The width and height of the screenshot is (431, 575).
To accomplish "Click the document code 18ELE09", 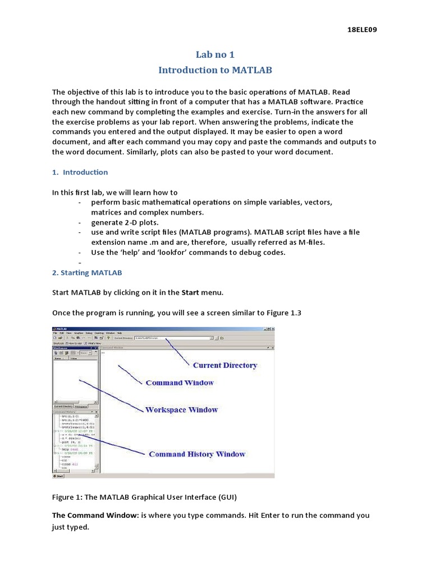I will (362, 30).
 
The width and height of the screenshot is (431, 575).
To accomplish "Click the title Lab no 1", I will (215, 54).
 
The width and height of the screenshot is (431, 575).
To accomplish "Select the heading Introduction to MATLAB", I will (215, 70).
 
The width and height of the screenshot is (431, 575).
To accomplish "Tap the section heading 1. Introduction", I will (80, 172).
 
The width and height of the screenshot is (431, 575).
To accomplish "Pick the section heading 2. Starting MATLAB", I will (87, 272).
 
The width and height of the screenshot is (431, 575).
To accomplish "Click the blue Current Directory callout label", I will (224, 365).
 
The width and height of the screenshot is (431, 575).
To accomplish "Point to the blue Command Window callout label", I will (180, 382).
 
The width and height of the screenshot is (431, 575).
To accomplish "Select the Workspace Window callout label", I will (181, 410).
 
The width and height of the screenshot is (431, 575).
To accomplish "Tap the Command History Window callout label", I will (197, 454).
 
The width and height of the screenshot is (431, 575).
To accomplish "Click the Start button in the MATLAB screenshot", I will (58, 476).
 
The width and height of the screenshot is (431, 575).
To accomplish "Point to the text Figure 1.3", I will (283, 313).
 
